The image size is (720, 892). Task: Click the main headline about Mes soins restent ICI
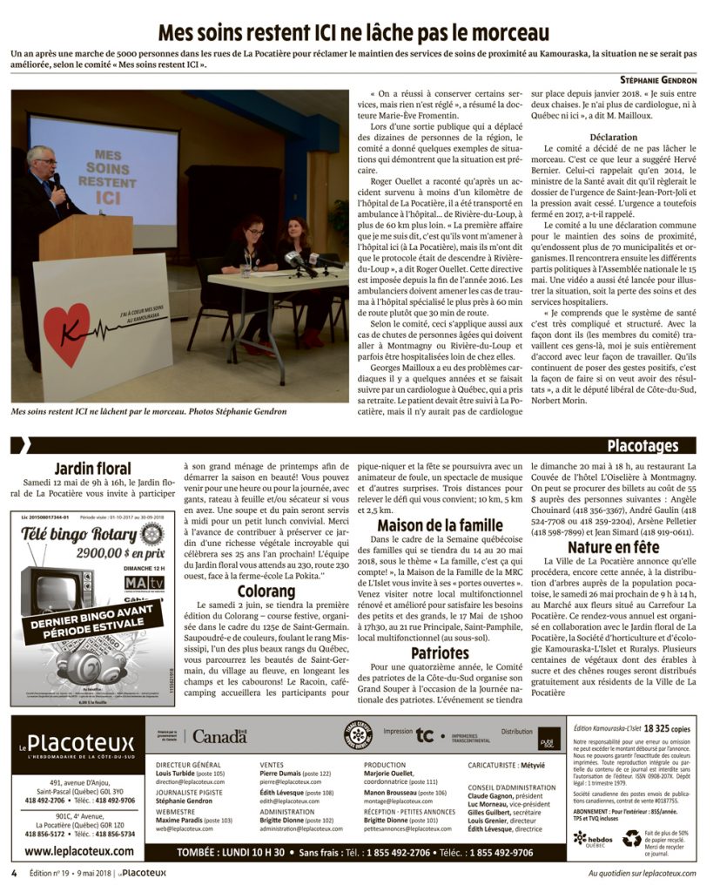pos(353,33)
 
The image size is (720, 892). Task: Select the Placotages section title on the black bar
pos(643,447)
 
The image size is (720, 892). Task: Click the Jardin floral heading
pos(92,470)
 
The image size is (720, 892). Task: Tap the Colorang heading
pos(264,591)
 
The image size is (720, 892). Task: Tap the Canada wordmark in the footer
pos(219,737)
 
